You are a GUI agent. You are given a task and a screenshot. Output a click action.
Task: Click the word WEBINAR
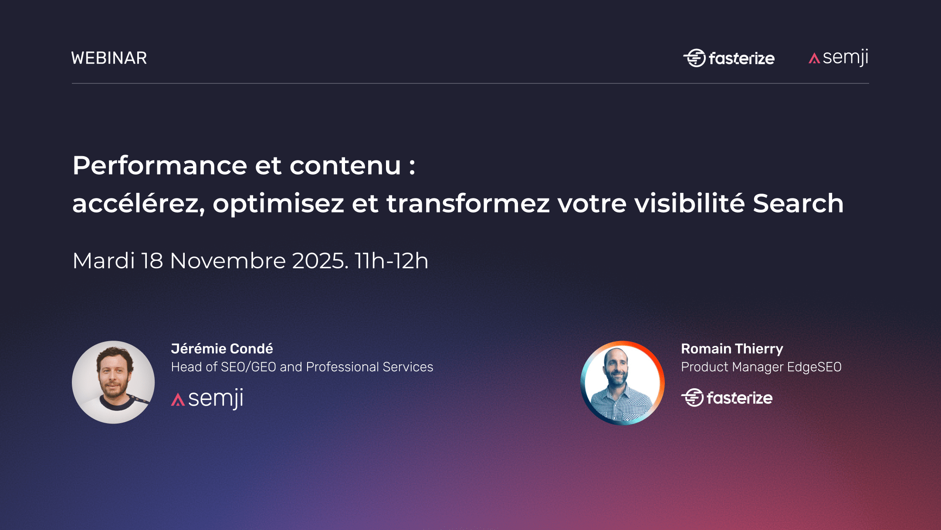(109, 58)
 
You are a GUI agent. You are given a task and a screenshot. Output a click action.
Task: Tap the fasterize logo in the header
(729, 58)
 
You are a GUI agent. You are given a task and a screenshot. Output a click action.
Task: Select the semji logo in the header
(839, 57)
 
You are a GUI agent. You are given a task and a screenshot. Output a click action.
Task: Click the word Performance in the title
(160, 166)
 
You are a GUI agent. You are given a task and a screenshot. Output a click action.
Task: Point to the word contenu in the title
(345, 166)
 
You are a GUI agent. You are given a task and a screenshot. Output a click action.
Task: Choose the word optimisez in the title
(278, 204)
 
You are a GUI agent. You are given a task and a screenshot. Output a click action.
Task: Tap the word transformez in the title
(468, 204)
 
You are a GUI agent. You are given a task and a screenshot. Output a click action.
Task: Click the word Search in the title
(798, 203)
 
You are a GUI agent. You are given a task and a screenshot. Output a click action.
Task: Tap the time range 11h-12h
(391, 261)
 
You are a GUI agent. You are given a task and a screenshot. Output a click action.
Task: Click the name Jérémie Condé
(222, 349)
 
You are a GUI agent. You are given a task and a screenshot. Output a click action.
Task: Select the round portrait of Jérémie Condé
(113, 382)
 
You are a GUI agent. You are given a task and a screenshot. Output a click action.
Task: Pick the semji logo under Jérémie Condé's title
(207, 399)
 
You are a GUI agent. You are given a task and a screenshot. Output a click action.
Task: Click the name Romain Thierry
(732, 349)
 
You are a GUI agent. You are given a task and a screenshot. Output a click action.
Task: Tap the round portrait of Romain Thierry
(623, 383)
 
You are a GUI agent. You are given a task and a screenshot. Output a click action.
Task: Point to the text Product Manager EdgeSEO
(761, 367)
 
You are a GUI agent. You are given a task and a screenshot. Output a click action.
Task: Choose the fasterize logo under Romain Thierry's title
(727, 397)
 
